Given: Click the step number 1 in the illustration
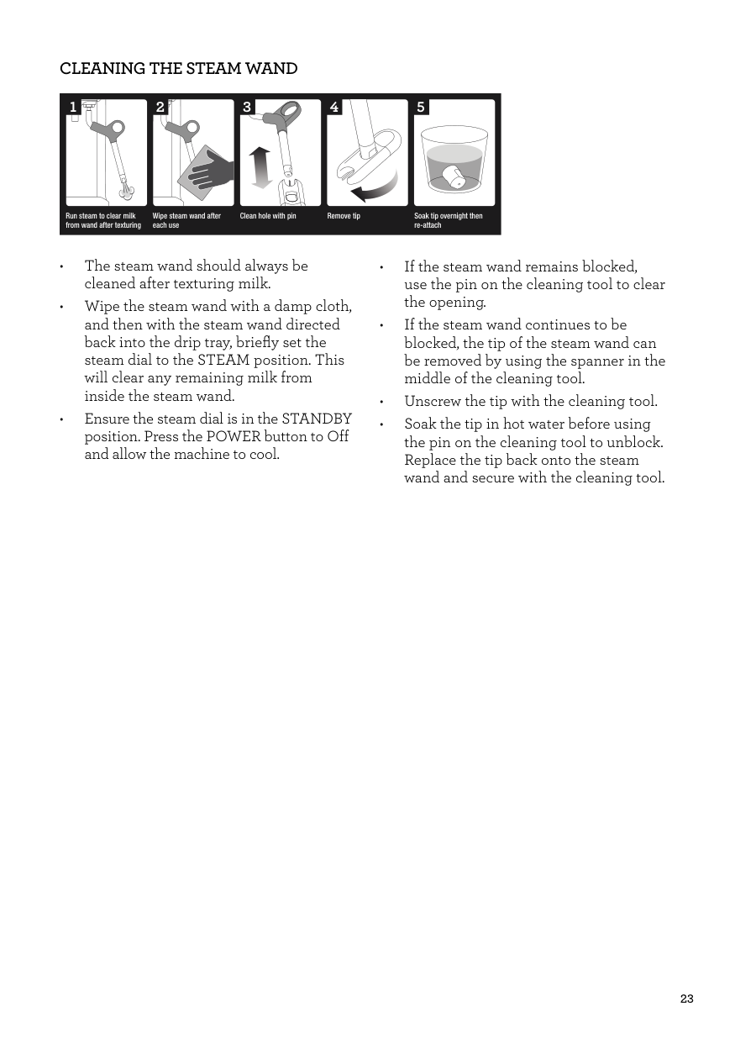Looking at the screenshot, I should tap(73, 108).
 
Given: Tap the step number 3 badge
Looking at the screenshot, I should tap(247, 108).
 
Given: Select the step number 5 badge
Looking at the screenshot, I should tap(421, 108).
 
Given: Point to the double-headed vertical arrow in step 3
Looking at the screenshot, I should tap(260, 167).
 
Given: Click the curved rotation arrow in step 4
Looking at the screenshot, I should tap(377, 188).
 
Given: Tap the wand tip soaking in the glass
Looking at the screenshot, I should tap(455, 177).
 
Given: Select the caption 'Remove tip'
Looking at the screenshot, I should tap(344, 217).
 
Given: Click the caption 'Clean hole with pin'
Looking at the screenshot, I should tap(268, 217).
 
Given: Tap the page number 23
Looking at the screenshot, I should tap(686, 999).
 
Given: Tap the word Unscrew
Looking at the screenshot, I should tap(432, 402).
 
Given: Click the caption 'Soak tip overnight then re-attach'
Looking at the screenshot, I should tap(448, 221).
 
